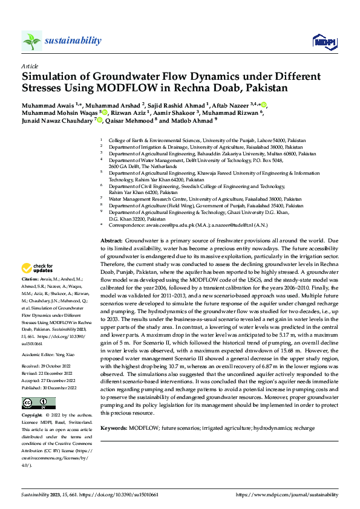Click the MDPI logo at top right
tap(324, 41)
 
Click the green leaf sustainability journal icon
tap(31, 41)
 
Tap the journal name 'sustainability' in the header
tap(72, 41)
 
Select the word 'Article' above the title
tap(30, 66)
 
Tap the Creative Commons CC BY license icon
tap(38, 403)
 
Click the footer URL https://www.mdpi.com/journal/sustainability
tap(287, 494)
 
